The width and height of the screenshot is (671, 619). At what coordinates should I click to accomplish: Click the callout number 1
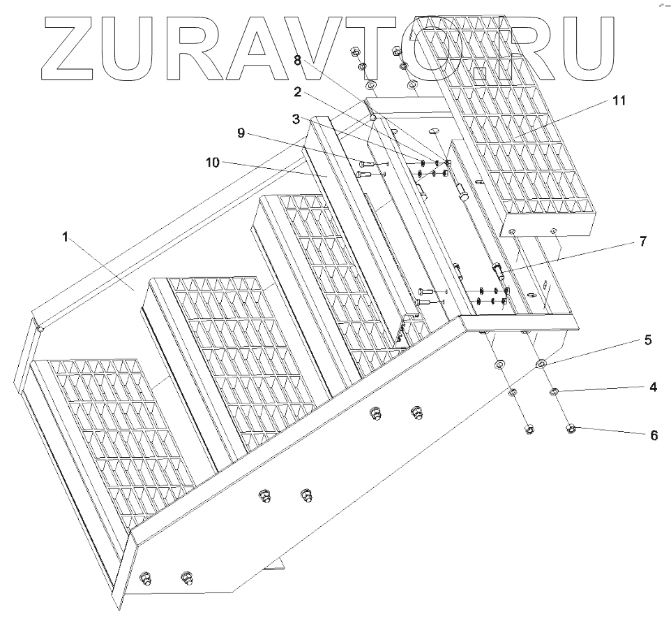65,237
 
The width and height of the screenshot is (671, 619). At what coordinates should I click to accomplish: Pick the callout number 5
647,341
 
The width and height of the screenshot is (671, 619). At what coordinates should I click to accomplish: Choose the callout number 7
641,242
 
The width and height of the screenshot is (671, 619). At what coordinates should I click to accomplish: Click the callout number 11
619,100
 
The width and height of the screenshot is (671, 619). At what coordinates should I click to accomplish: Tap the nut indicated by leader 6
570,428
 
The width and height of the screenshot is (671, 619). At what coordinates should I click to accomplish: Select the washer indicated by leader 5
541,364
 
